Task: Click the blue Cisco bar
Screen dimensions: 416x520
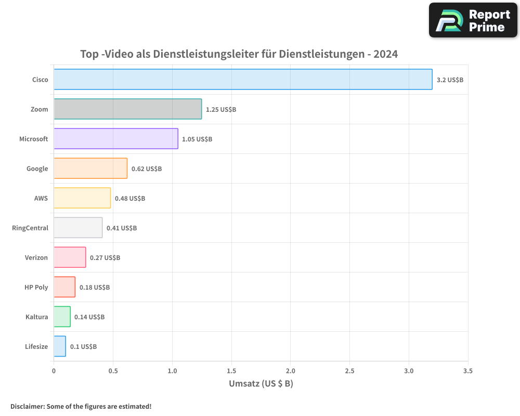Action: pos(243,80)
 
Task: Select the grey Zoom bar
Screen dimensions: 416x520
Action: pos(127,109)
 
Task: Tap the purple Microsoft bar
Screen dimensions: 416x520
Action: pos(116,139)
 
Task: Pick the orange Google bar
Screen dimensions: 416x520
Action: pos(90,168)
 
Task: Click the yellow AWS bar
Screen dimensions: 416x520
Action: pos(82,198)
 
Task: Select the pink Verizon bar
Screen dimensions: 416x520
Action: pos(70,257)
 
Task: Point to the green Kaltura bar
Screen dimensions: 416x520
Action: pos(62,317)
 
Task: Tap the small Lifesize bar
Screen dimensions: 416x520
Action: pos(60,346)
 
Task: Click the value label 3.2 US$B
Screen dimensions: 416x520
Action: pos(450,80)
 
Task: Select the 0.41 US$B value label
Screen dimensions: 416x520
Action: pos(122,228)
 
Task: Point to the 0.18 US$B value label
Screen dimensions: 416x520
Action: pos(95,288)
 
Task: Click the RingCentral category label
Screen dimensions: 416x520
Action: pos(30,228)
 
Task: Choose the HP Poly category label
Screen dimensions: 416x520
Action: pos(36,288)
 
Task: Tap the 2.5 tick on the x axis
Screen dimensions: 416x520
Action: pos(349,371)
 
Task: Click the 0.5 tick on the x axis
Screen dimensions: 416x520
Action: pos(113,371)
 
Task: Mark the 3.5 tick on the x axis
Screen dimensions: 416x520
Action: pos(467,371)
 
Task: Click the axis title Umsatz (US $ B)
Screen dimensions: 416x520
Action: pos(261,384)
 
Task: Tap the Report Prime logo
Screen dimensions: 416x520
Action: pos(473,20)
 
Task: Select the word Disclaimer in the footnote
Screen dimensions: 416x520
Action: pos(27,406)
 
